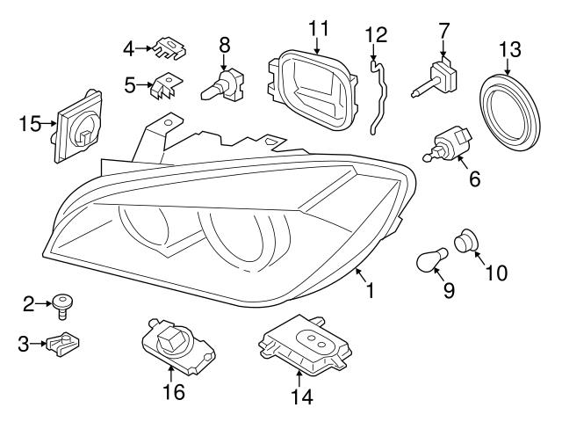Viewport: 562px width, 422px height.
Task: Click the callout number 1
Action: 371,289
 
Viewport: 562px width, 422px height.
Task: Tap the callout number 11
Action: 317,27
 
